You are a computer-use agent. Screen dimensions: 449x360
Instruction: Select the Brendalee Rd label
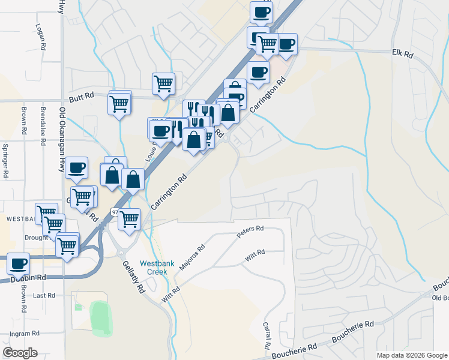[43, 119]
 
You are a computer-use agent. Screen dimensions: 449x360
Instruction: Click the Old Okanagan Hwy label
[62, 137]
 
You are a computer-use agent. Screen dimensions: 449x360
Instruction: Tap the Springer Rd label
[5, 160]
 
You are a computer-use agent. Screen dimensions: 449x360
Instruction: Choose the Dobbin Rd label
[28, 278]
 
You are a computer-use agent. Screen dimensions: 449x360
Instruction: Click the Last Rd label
[44, 295]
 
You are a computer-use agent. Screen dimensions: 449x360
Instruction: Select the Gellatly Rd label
[134, 276]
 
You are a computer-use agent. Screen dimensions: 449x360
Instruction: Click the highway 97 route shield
[115, 212]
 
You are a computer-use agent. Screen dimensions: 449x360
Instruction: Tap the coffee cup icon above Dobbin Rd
[19, 263]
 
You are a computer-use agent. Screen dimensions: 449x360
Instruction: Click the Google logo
[20, 353]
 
